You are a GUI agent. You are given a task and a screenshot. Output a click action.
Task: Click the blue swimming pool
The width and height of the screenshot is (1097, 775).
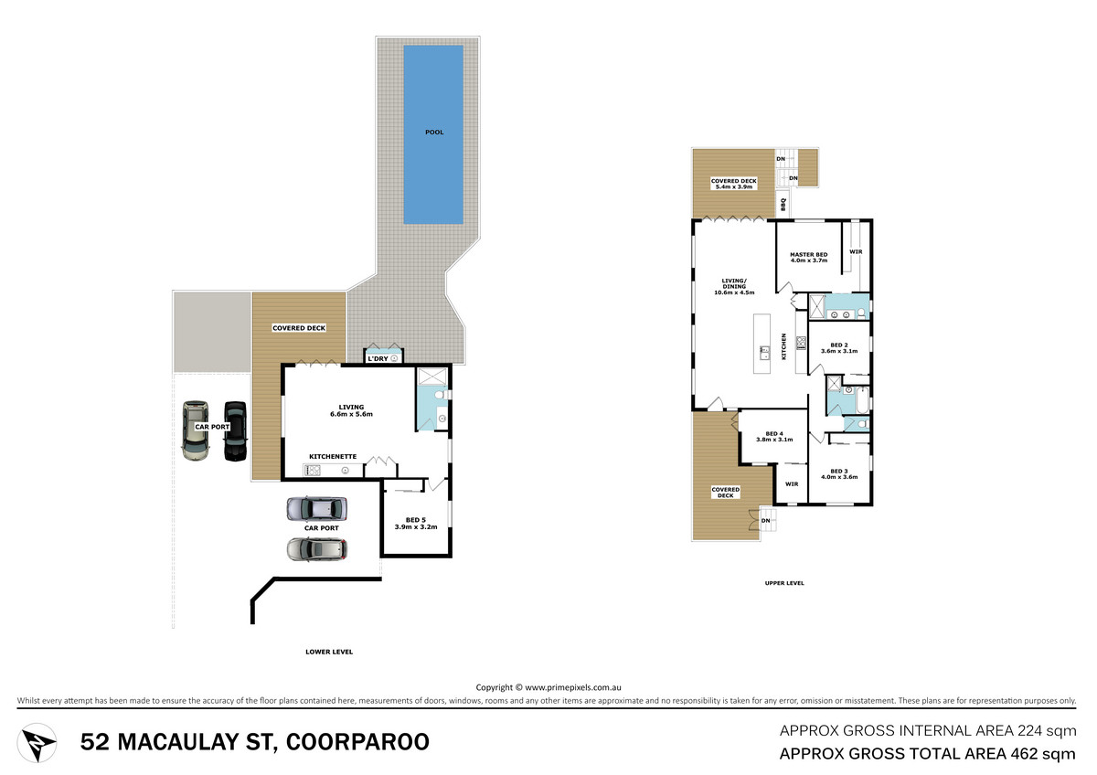433,134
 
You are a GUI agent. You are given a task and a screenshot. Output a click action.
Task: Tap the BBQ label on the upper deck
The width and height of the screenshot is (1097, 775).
783,204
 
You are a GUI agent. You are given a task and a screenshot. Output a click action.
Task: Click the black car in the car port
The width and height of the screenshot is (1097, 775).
235,430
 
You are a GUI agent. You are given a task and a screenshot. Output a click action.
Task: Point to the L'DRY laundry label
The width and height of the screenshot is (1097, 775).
378,358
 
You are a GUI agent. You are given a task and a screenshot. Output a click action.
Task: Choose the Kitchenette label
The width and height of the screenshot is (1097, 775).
333,456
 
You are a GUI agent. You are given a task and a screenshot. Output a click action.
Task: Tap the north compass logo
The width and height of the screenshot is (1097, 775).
37,743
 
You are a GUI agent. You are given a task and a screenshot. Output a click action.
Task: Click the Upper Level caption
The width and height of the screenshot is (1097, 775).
784,583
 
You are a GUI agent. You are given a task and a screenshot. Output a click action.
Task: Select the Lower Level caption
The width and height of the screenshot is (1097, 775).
329,652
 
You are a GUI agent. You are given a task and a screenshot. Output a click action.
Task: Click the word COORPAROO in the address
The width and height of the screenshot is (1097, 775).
357,742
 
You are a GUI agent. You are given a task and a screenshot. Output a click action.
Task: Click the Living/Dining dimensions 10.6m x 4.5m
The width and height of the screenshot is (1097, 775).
734,292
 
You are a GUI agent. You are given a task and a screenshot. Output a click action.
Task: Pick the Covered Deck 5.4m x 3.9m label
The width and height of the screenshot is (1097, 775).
733,184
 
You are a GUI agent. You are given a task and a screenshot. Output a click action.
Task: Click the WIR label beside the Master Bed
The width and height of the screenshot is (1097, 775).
856,251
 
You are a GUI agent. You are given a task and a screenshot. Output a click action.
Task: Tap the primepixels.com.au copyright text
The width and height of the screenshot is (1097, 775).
548,687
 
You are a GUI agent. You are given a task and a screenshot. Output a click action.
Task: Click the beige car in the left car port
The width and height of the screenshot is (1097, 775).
196,430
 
